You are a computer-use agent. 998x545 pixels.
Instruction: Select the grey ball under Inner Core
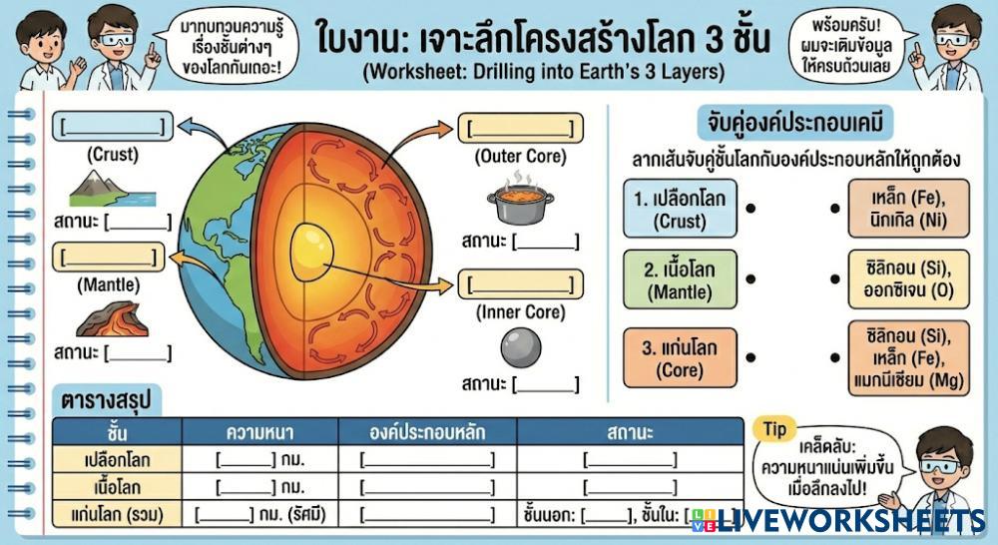point(520,346)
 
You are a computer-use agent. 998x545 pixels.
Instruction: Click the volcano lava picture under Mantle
point(112,318)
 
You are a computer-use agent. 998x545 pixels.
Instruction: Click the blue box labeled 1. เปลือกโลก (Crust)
point(680,208)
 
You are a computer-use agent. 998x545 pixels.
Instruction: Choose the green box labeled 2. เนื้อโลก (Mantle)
point(680,278)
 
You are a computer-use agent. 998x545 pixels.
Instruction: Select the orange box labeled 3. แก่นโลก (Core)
point(680,357)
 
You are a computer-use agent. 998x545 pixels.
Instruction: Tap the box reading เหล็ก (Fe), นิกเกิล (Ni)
point(894,208)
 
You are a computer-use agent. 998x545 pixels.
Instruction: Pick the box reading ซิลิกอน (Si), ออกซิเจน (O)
point(894,278)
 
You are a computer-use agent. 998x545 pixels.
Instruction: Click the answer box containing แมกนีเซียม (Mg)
point(894,357)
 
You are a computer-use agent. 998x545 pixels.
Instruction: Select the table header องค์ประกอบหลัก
point(427,432)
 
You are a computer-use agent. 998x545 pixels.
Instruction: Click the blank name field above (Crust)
point(112,126)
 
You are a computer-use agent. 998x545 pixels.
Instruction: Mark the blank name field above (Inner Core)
point(520,284)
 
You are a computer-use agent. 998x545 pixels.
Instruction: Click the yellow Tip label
point(775,429)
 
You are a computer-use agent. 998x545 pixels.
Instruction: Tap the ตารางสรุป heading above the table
point(104,400)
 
